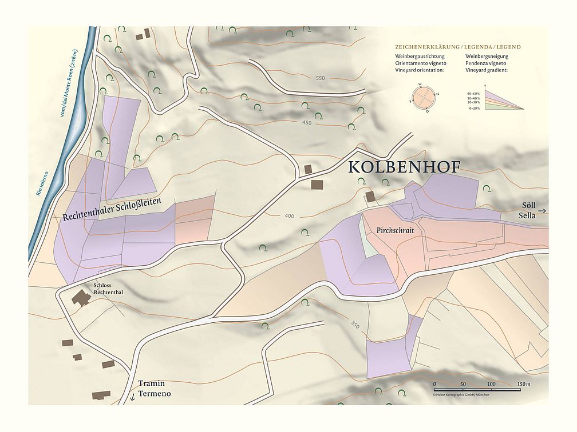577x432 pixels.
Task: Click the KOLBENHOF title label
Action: click(x=403, y=167)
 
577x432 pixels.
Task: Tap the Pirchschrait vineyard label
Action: click(x=396, y=230)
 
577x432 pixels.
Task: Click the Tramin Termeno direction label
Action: click(x=155, y=389)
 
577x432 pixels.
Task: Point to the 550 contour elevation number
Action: click(x=319, y=78)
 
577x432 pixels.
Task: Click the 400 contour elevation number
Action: click(x=289, y=215)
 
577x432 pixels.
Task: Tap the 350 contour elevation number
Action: click(x=354, y=325)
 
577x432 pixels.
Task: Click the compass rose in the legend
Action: click(x=424, y=98)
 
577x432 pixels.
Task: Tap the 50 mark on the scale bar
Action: click(x=463, y=384)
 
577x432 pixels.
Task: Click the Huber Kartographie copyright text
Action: click(x=461, y=394)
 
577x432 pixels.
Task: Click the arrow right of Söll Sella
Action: click(x=542, y=211)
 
